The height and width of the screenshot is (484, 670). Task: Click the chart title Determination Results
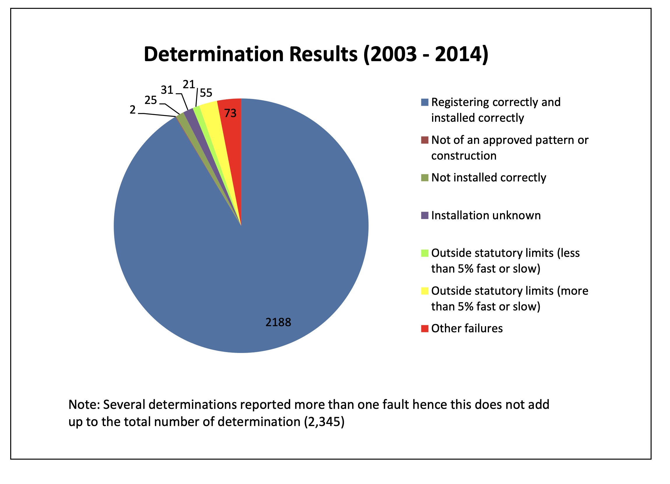point(316,54)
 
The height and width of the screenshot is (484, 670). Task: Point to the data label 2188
point(278,322)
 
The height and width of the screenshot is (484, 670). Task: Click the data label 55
point(206,93)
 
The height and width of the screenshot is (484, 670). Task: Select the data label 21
point(189,85)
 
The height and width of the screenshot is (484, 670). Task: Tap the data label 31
point(167,90)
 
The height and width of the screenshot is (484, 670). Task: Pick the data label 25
point(151,101)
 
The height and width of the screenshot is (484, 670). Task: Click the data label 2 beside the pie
point(133,110)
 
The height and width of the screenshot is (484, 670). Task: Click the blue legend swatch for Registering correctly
point(425,103)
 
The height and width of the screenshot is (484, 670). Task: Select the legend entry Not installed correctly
point(489,178)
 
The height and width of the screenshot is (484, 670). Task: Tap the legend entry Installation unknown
point(486,216)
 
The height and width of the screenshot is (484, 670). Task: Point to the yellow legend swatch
point(425,291)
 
